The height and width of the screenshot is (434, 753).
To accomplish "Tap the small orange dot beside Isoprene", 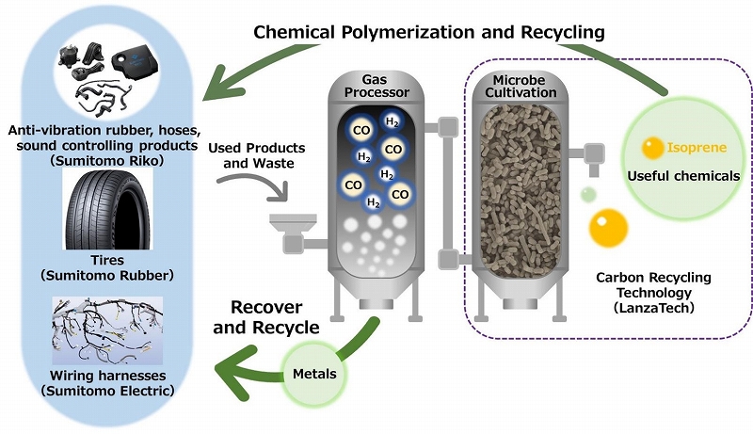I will pos(652,149).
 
